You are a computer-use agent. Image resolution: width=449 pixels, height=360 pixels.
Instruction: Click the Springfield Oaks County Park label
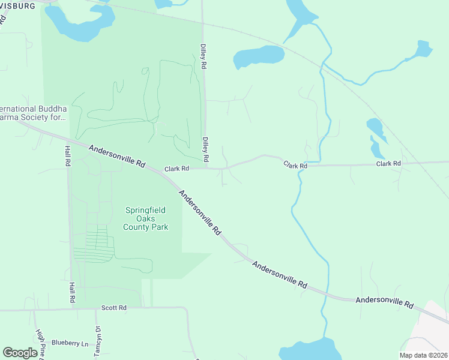coord(145,218)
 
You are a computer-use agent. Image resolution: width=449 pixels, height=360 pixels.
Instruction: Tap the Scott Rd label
coord(113,308)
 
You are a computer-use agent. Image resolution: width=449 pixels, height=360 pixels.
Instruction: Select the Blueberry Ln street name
coord(70,343)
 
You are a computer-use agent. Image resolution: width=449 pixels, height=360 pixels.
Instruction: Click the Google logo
coord(20,353)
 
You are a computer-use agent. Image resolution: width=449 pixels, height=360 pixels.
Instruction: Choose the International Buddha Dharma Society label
coord(33,113)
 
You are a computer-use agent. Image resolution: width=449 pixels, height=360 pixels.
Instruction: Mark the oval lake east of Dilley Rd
coord(258,56)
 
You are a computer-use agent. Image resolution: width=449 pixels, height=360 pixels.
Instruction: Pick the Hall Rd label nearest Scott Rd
coord(72,292)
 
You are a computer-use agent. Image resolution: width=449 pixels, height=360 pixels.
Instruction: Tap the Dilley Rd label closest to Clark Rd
coord(205,149)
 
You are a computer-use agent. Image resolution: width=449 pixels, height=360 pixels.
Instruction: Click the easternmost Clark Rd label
coord(388,163)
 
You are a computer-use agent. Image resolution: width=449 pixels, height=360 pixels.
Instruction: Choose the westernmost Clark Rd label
coord(177,169)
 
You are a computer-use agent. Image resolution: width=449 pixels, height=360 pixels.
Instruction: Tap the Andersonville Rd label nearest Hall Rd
coord(117,155)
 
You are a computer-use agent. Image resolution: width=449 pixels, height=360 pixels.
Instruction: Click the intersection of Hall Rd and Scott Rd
coord(72,310)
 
